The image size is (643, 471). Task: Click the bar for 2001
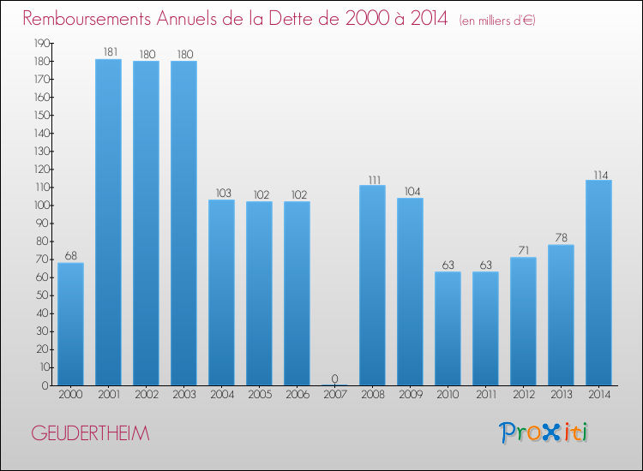click(108, 223)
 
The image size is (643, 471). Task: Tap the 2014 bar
click(598, 283)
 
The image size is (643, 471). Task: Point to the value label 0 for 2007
click(334, 379)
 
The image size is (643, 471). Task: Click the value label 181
click(108, 53)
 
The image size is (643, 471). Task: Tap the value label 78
click(561, 239)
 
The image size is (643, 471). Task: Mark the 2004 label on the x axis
click(221, 395)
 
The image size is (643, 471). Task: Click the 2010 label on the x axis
click(448, 395)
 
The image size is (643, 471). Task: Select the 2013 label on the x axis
click(561, 395)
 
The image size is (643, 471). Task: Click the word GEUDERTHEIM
click(90, 434)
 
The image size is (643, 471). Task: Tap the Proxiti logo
click(544, 432)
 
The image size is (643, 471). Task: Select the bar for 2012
click(523, 321)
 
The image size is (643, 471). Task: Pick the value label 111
click(372, 179)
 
